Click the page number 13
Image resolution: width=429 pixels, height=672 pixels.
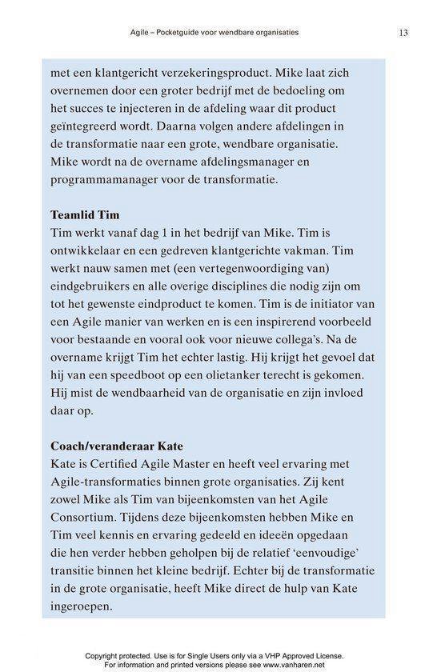click(402, 33)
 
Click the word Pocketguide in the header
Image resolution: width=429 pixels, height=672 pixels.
click(193, 33)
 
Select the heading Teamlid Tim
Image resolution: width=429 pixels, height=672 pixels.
click(84, 215)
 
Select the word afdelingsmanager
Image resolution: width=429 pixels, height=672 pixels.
click(272, 162)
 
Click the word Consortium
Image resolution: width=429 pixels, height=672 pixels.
click(86, 517)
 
